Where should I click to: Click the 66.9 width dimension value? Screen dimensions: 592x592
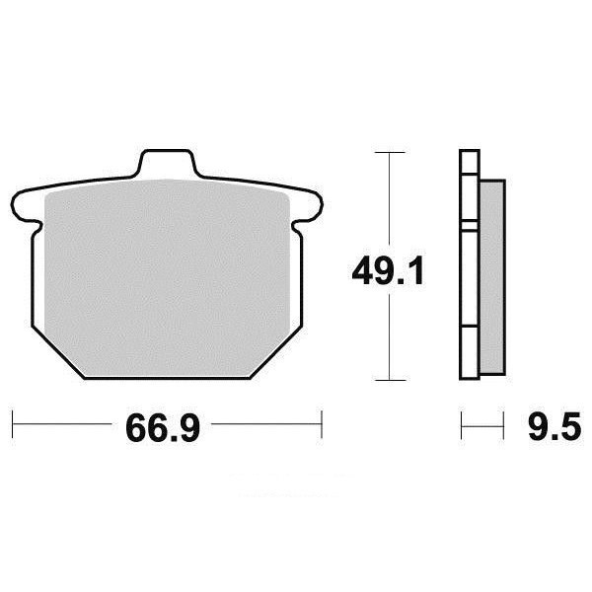point(163,428)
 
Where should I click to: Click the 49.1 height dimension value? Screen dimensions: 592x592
point(388,271)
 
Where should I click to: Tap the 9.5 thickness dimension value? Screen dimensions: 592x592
point(555,426)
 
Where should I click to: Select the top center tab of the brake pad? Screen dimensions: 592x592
point(166,163)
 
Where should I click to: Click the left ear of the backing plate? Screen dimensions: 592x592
point(26,207)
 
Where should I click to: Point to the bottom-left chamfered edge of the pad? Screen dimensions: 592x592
point(58,352)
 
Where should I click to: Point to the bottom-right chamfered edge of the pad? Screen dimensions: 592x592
point(276,352)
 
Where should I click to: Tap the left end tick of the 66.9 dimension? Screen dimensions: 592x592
point(13,424)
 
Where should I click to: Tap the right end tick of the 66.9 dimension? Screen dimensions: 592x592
point(322,424)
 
